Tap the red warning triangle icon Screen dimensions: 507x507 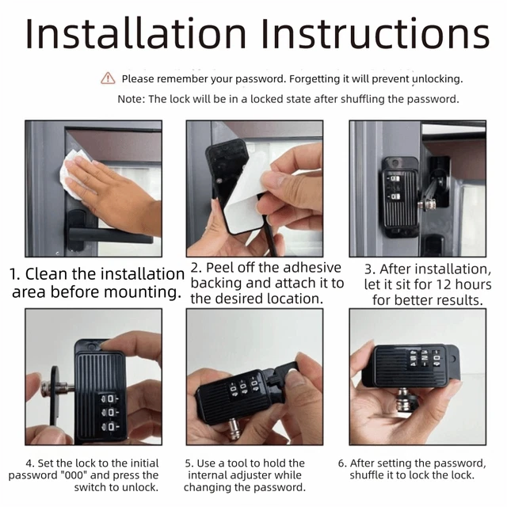pos(108,78)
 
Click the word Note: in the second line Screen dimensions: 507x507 pos(131,99)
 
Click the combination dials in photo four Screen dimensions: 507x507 pos(110,412)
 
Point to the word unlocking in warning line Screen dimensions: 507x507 pos(436,78)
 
